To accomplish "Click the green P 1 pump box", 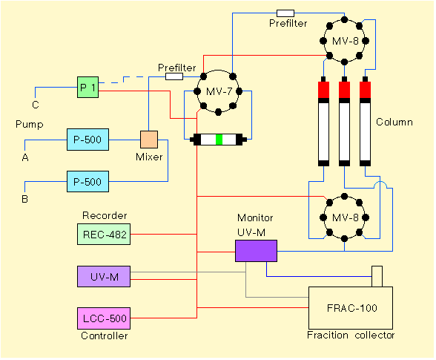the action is coord(87,87).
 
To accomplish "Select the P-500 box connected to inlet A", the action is coord(87,140).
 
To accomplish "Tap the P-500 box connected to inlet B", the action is coord(87,182).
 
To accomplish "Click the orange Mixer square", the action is coord(149,140).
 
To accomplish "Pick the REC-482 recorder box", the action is coord(104,234).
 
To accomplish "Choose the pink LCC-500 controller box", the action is coord(104,318).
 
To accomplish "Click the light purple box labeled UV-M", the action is coord(104,276).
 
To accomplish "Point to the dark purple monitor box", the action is coord(256,251).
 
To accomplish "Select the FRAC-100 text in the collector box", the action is coord(352,308).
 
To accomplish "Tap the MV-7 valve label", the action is coord(219,91).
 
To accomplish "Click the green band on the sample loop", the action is coord(219,140).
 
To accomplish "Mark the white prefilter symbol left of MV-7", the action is coord(174,76).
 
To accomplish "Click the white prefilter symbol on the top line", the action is coord(285,13).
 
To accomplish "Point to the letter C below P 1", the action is coord(36,105).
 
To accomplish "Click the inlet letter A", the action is coord(25,158).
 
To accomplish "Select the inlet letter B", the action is coord(24,199).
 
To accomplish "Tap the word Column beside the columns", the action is coord(394,122).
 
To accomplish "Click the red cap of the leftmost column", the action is coord(323,90).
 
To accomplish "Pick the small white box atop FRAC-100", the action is coord(377,276).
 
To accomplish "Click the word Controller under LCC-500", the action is coord(105,336).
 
